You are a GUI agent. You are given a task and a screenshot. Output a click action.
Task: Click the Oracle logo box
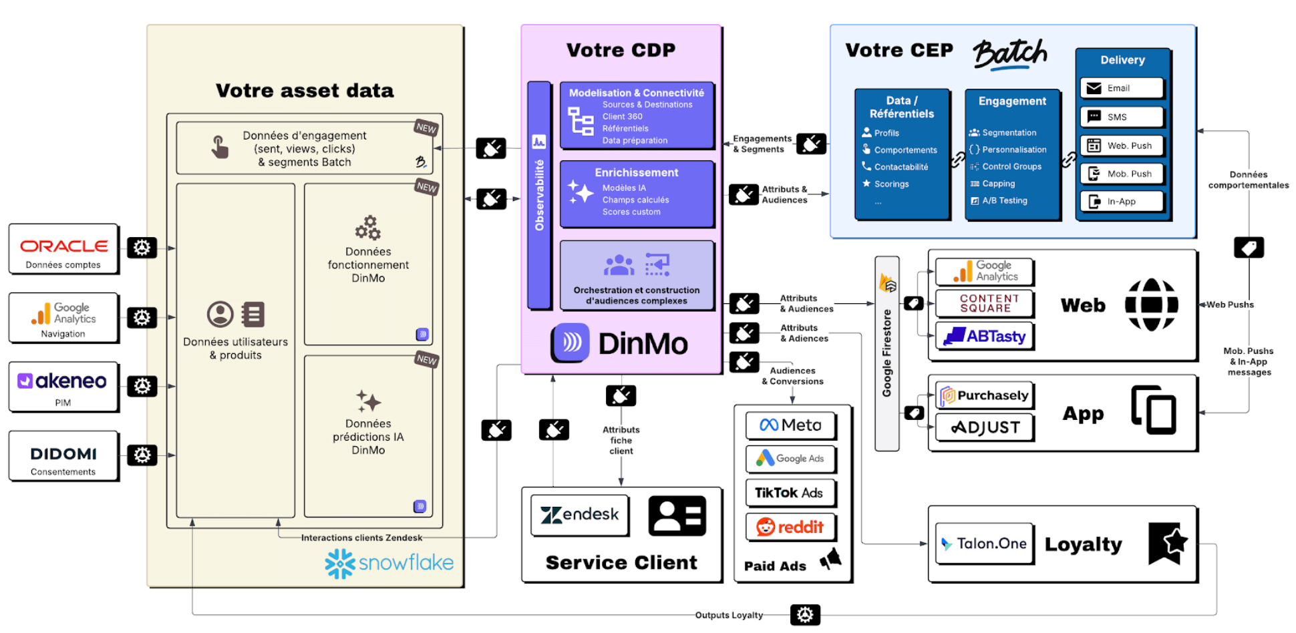(63, 248)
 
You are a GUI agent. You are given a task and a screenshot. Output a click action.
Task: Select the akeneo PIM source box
(63, 386)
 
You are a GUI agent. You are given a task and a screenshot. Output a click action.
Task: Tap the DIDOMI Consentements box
(63, 455)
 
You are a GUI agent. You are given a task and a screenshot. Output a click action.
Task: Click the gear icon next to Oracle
(142, 248)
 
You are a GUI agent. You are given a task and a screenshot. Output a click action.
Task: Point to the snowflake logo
(389, 563)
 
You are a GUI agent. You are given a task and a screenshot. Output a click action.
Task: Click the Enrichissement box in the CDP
(637, 193)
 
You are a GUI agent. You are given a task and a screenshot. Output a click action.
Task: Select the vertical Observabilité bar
(539, 194)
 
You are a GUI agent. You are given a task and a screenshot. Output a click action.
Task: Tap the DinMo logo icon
(570, 343)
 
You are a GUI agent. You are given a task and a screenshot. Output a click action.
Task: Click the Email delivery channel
(1122, 88)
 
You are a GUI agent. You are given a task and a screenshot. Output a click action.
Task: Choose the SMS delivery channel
(1122, 117)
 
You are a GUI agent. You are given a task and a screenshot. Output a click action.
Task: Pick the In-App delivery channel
(1122, 201)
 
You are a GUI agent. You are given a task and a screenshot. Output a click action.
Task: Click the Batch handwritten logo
(1009, 53)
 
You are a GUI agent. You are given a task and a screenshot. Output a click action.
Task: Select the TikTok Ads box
(790, 493)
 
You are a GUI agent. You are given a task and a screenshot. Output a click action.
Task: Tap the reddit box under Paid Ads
(790, 527)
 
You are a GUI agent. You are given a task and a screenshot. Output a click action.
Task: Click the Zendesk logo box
(579, 515)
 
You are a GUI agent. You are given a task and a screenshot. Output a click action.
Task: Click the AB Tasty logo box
(985, 336)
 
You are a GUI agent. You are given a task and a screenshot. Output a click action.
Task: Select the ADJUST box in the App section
(985, 427)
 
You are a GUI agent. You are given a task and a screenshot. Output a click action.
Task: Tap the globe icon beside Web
(1151, 305)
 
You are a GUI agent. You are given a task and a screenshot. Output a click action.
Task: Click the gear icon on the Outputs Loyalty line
(805, 615)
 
